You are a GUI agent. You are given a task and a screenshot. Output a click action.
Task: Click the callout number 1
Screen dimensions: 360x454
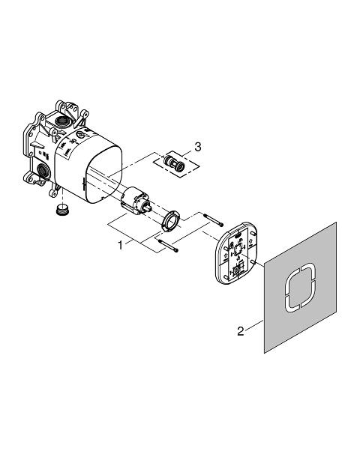tap(120, 246)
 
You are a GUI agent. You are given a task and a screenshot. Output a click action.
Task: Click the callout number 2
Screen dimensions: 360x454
tap(241, 331)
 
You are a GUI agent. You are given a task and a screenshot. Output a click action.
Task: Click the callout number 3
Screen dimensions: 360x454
tap(198, 147)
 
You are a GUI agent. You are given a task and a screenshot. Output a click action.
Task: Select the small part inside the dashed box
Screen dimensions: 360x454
tap(174, 163)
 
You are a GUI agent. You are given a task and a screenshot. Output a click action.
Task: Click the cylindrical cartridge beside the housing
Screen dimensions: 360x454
tap(135, 200)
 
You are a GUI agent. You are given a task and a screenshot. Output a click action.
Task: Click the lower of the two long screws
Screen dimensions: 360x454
tap(168, 245)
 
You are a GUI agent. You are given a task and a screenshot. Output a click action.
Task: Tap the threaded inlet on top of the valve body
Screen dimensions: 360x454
tap(61, 119)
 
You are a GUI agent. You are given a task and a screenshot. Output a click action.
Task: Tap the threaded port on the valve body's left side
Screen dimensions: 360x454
tap(42, 169)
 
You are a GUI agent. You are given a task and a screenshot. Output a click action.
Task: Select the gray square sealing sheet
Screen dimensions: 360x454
tap(300, 288)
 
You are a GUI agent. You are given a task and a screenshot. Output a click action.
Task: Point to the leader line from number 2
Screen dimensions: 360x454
tap(254, 325)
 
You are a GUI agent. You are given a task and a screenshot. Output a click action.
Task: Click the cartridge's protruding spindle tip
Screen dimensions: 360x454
tap(149, 206)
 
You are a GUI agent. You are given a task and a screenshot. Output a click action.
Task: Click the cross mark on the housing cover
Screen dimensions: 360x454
tap(85, 182)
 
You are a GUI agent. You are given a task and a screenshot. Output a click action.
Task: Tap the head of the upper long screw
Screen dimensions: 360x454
tap(222, 225)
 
